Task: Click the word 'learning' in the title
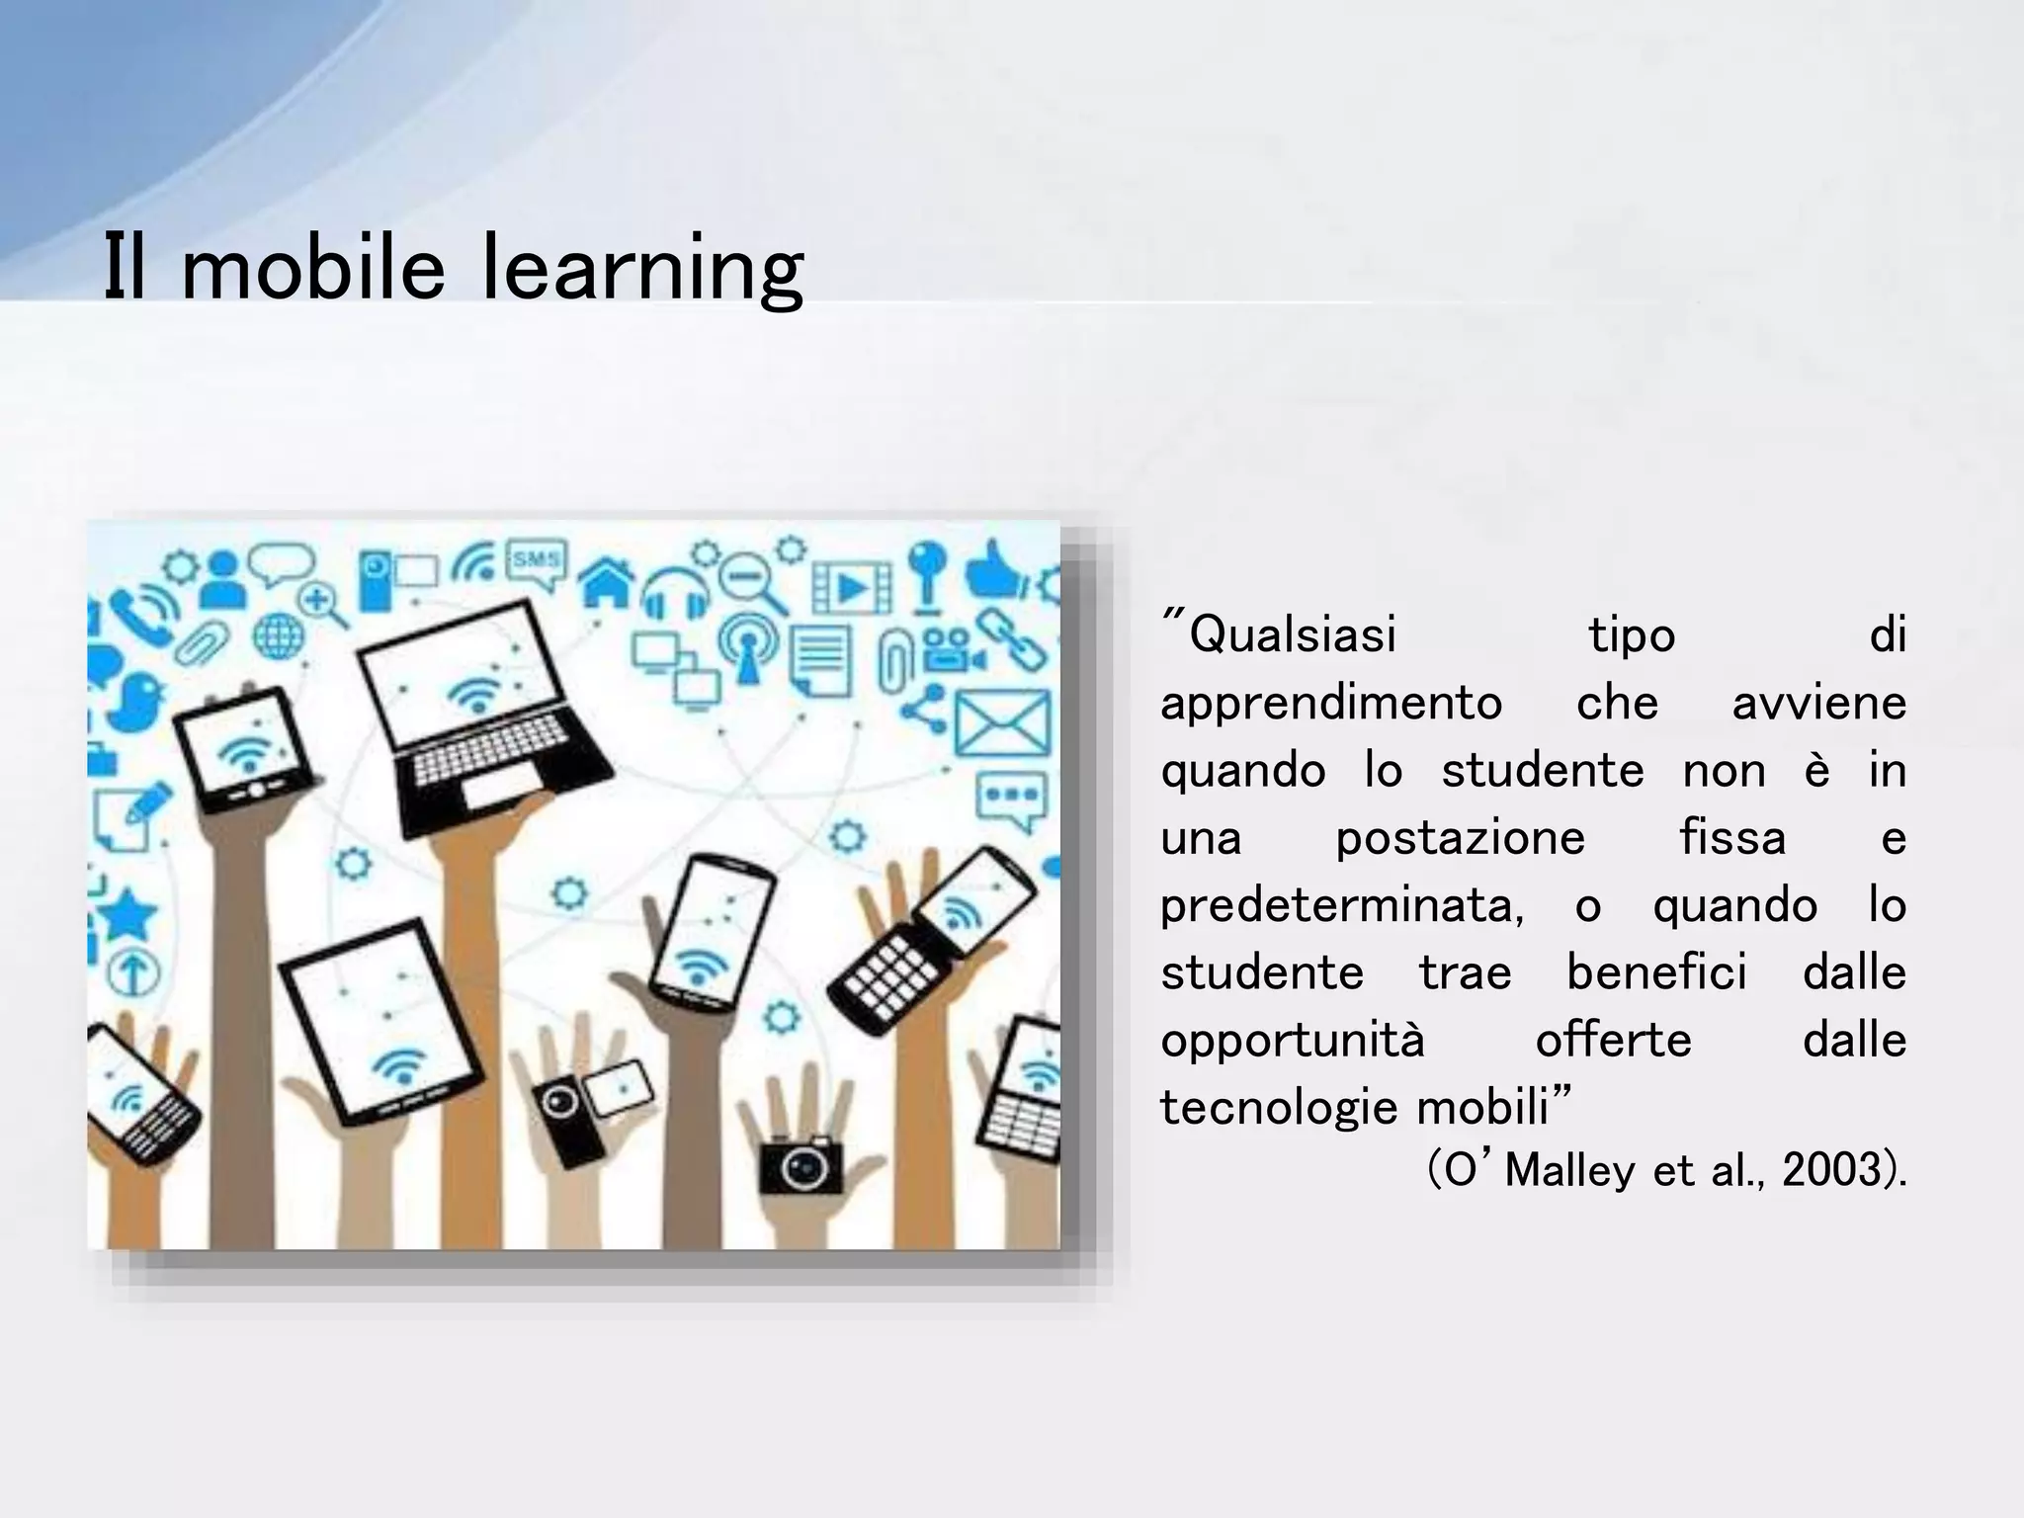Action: [641, 269]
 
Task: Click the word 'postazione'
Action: [1460, 839]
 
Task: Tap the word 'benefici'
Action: [1656, 972]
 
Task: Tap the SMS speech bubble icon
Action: [537, 563]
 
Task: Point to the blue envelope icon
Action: [1000, 721]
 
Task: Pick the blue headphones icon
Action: [676, 594]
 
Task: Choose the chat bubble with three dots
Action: [1009, 797]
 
